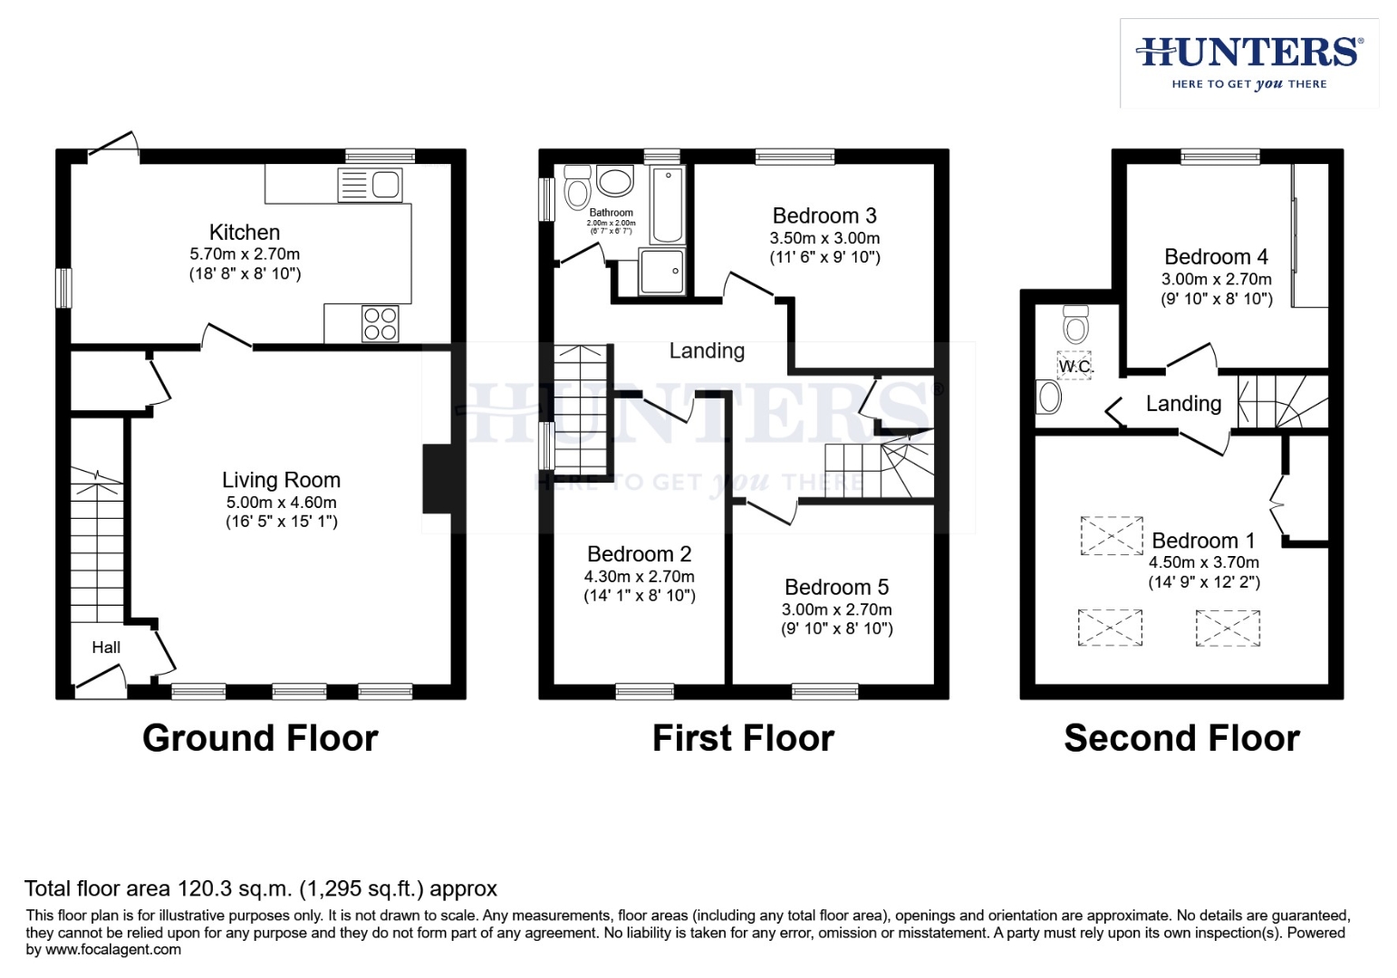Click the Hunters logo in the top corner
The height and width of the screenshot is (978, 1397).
coord(1248,62)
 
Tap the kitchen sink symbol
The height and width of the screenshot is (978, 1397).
coord(370,185)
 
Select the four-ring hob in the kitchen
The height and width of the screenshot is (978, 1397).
coord(381,323)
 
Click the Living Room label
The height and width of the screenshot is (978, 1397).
coord(281,480)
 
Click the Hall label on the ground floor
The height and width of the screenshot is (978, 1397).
coord(106,647)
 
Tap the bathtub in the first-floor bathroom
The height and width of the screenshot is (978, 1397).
coord(668,204)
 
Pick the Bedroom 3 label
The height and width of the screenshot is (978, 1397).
coord(824,216)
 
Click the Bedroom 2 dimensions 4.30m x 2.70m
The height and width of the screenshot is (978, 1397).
coord(639,577)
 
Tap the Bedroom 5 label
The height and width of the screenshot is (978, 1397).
coord(836,588)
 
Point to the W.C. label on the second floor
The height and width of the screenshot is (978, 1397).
coord(1075,367)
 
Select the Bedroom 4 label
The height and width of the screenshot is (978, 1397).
coord(1216,257)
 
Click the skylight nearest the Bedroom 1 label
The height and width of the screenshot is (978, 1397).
coord(1112,535)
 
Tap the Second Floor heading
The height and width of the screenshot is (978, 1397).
coord(1181,739)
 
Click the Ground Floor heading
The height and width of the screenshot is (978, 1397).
coord(260,739)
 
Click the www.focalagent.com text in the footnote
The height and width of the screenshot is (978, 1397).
coord(113,950)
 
